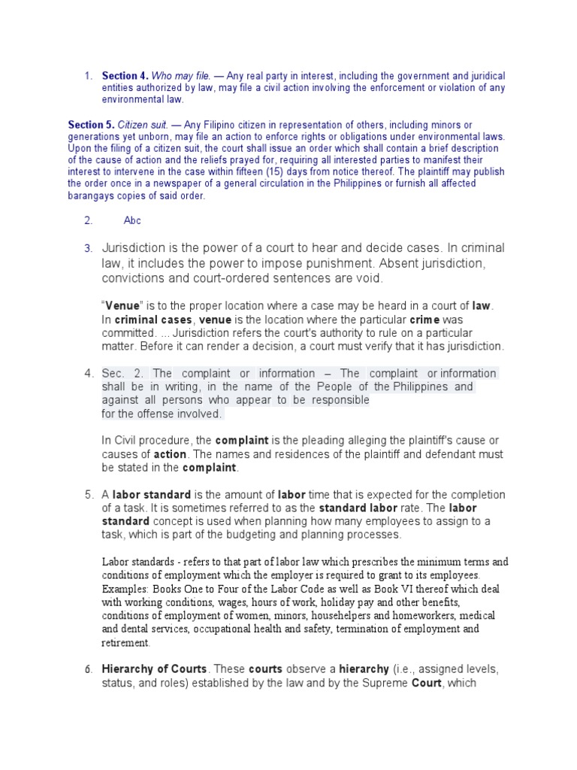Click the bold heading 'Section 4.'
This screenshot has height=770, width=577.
pos(125,76)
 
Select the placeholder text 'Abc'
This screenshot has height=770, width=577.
pos(132,220)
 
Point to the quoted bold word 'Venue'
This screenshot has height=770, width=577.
pos(122,306)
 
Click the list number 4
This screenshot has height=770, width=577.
pos(88,374)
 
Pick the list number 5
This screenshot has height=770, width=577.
pos(88,494)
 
